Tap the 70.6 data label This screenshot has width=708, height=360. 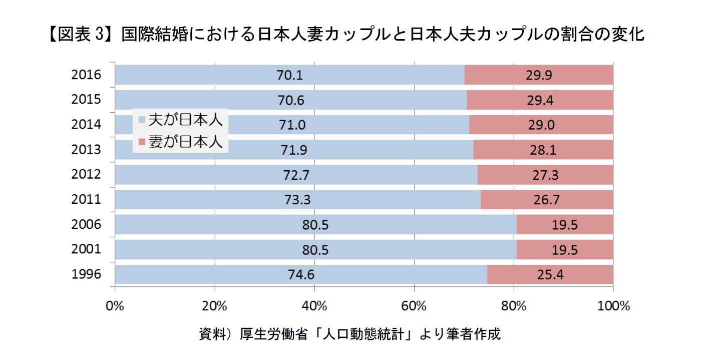click(x=291, y=100)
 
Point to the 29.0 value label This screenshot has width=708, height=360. click(x=541, y=125)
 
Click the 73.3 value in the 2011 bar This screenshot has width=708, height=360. click(x=297, y=200)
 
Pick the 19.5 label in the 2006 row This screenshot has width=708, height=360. click(x=565, y=225)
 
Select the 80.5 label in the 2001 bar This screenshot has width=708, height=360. click(x=315, y=249)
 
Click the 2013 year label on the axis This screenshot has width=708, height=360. click(x=86, y=149)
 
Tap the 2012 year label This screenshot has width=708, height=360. click(x=86, y=174)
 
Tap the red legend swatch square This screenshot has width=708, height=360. click(x=142, y=143)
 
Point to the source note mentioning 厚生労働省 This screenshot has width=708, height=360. click(x=349, y=334)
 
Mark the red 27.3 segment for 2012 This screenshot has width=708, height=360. click(x=545, y=175)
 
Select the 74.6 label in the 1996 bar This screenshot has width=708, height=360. click(x=301, y=274)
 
